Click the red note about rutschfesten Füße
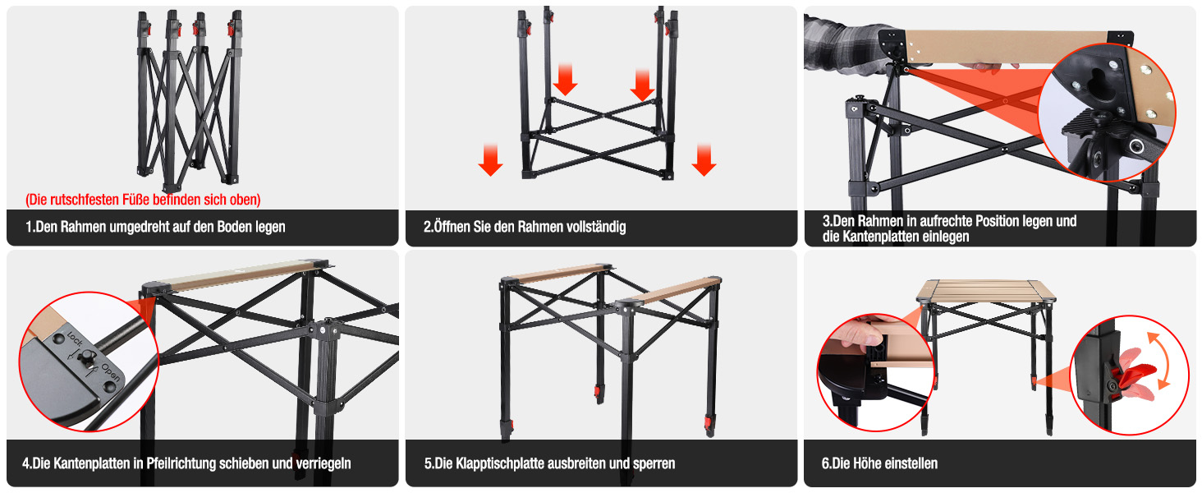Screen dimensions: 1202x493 point(143,200)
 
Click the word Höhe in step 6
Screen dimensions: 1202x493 point(868,463)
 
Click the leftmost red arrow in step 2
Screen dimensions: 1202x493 point(490,159)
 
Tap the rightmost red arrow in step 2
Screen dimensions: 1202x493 point(704,159)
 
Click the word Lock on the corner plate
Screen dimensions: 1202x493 point(75,338)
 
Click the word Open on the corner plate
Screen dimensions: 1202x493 point(111,372)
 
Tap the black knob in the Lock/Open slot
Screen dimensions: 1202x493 point(85,357)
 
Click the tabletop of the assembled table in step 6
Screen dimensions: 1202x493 point(986,291)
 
